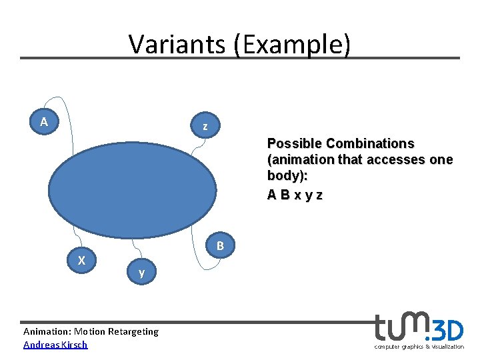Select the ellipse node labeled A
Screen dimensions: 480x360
pyautogui.click(x=44, y=122)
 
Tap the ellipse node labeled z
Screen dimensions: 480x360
pyautogui.click(x=205, y=126)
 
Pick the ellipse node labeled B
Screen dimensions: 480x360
pyautogui.click(x=220, y=247)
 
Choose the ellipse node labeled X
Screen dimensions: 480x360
pyautogui.click(x=81, y=261)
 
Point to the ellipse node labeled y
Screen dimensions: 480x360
pyautogui.click(x=141, y=273)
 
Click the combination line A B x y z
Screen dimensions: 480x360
pyautogui.click(x=295, y=195)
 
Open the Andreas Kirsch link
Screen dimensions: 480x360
pyautogui.click(x=55, y=345)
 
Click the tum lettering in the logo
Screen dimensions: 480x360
pyautogui.click(x=399, y=327)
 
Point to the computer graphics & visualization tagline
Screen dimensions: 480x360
pyautogui.click(x=419, y=347)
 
